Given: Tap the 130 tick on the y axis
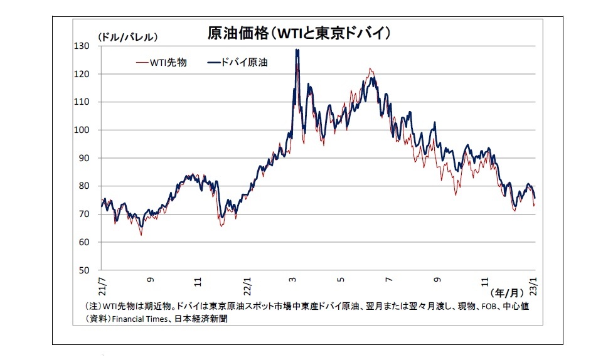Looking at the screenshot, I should (x=83, y=46).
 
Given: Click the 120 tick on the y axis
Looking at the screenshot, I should (x=83, y=74).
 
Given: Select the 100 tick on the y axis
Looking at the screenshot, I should (x=83, y=130).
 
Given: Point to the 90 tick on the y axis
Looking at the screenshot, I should (x=85, y=158).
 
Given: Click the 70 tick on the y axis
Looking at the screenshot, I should (x=85, y=214).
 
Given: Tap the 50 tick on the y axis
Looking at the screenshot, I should (x=85, y=270).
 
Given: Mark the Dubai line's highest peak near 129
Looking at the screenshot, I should (x=297, y=50).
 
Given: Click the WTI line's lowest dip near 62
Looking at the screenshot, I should (x=141, y=235).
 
